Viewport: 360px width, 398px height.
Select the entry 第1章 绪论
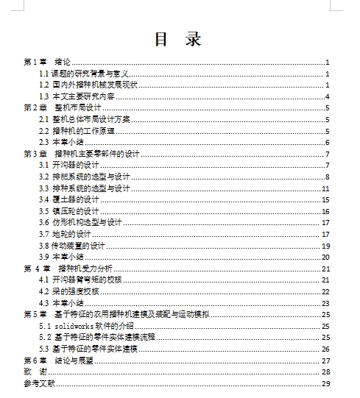tap(48, 63)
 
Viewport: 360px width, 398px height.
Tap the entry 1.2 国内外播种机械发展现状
tap(88, 85)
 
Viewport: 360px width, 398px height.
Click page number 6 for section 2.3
tap(326, 143)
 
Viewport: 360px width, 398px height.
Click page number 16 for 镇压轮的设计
tap(325, 211)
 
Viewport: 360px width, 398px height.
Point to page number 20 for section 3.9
tap(325, 257)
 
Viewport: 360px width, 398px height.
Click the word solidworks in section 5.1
tap(74, 325)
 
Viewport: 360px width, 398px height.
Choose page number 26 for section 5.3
tap(325, 349)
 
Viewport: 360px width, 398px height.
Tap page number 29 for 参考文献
tap(325, 383)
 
